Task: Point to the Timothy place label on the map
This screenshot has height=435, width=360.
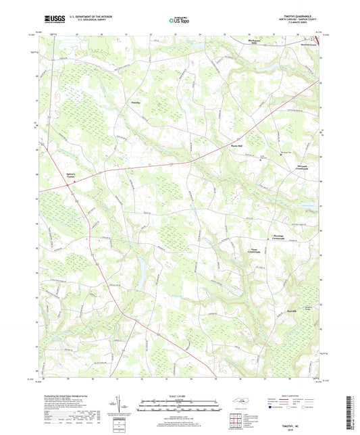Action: pyautogui.click(x=136, y=103)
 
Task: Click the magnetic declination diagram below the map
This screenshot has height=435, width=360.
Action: pyautogui.click(x=126, y=404)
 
